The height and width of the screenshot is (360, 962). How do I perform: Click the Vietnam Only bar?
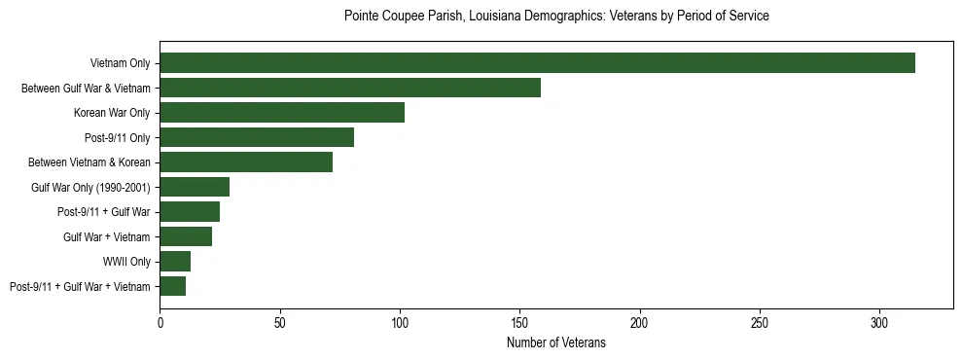pyautogui.click(x=537, y=63)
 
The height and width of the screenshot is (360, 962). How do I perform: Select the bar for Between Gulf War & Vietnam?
pyautogui.click(x=350, y=88)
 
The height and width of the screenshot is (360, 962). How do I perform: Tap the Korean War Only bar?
pyautogui.click(x=282, y=113)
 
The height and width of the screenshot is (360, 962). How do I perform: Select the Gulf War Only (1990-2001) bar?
pyautogui.click(x=195, y=187)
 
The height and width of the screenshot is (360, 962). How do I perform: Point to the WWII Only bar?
pyautogui.click(x=175, y=261)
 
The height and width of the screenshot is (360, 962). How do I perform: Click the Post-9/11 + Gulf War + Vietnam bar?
pyautogui.click(x=173, y=286)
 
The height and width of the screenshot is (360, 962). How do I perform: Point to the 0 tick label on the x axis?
pyautogui.click(x=160, y=322)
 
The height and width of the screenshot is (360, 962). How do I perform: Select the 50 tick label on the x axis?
pyautogui.click(x=280, y=322)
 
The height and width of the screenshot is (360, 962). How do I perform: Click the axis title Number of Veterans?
pyautogui.click(x=555, y=342)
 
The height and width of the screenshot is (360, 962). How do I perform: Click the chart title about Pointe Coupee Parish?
pyautogui.click(x=556, y=17)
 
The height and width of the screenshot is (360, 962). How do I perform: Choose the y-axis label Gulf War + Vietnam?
pyautogui.click(x=106, y=237)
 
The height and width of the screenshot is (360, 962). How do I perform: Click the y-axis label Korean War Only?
pyautogui.click(x=112, y=113)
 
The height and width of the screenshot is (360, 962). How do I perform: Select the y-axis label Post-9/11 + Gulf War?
pyautogui.click(x=105, y=212)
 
